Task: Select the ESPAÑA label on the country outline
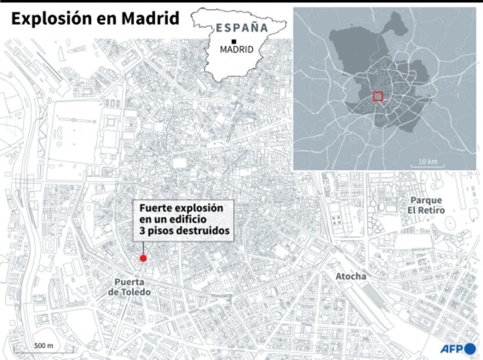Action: pos(242,27)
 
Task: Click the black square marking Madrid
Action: pos(233,41)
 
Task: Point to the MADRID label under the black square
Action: pos(237,50)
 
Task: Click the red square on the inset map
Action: pos(377,96)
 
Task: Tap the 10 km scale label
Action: pos(427,161)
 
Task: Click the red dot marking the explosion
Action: pos(143,258)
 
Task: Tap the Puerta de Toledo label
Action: pos(129,287)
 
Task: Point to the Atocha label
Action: pos(351,276)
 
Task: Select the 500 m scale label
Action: pos(44,345)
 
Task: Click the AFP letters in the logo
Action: pos(450,348)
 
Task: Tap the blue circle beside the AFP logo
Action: pos(470,348)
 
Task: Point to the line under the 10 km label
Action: pos(427,167)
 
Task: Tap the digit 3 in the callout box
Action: pos(142,231)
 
